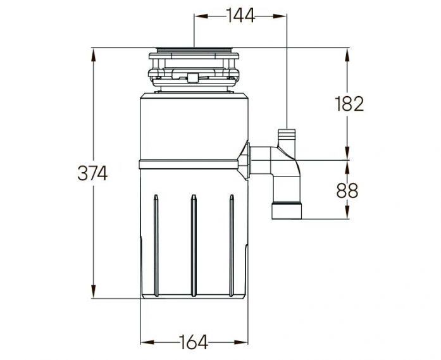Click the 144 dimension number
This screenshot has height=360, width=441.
pos(240,15)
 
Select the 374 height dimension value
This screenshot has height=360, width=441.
pos(92,173)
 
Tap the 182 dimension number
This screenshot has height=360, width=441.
pos(349,104)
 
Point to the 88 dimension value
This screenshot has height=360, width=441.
pos(347,190)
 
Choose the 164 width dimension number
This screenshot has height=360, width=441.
pos(194,342)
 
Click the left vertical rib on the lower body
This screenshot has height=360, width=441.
pos(156,245)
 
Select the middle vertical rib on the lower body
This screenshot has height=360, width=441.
pos(194,245)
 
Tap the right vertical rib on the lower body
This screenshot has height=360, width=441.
pos(232,245)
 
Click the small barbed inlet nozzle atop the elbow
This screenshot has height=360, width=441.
pos(287,138)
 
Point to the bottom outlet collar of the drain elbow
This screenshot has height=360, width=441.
pos(287,211)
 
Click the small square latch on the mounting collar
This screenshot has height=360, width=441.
pos(192,77)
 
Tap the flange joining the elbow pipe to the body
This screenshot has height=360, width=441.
pos(244,160)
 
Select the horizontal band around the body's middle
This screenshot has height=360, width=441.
pos(189,164)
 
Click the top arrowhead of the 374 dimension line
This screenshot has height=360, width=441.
pos(94,56)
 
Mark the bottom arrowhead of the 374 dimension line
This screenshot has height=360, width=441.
pos(94,291)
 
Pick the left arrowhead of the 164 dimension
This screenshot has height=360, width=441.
pos(147,342)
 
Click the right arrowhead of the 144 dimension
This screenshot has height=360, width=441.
pos(279,16)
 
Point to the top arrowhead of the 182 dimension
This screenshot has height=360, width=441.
pos(347,56)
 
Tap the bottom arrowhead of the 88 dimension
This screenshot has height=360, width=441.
pos(347,211)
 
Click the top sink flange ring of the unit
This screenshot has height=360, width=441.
pos(194,50)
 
